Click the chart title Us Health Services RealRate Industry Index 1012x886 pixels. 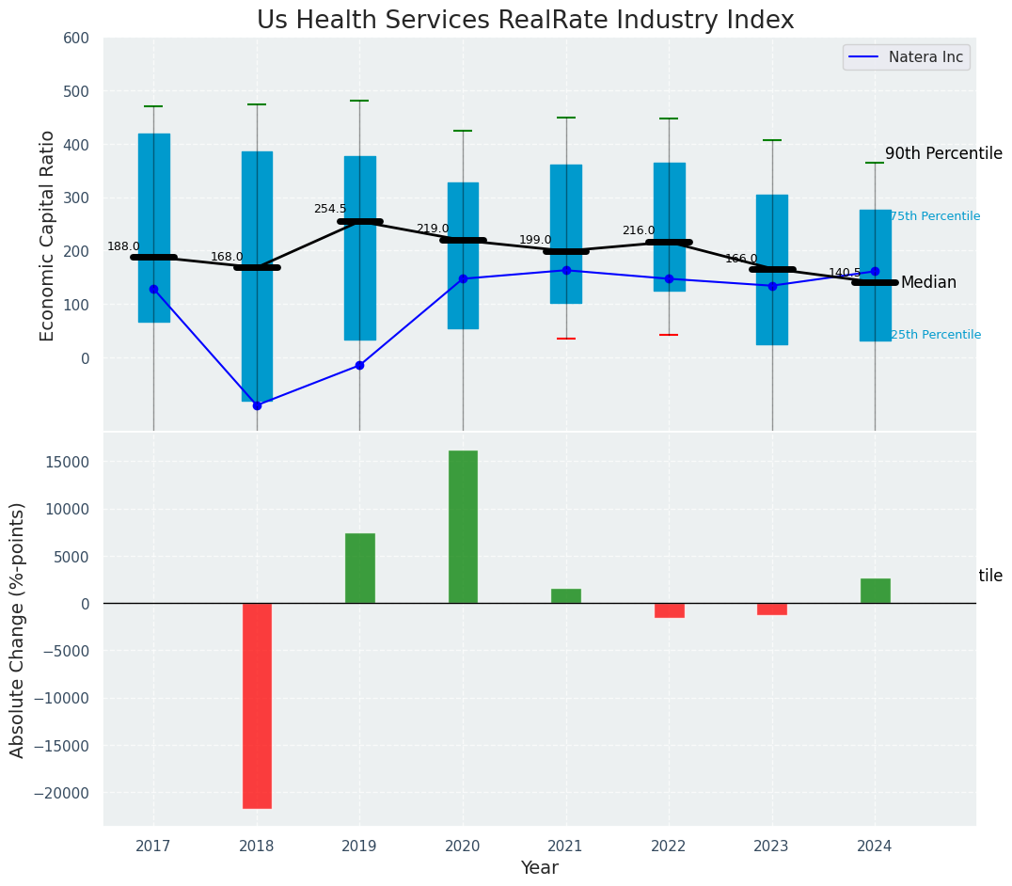(x=525, y=21)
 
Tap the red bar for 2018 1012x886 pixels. (x=257, y=705)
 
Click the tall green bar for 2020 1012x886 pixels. (x=463, y=527)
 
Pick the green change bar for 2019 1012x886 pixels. (x=359, y=568)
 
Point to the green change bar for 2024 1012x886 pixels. (x=875, y=591)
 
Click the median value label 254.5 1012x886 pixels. (x=330, y=209)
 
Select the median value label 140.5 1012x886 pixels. (x=845, y=273)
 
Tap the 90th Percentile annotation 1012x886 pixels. (x=943, y=154)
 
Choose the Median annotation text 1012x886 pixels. (x=928, y=283)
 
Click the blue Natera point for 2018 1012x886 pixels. (x=257, y=405)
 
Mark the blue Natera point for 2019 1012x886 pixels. (x=359, y=365)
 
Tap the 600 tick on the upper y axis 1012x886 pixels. (x=76, y=39)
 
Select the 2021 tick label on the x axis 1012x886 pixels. (x=565, y=846)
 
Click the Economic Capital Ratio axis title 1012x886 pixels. (x=48, y=235)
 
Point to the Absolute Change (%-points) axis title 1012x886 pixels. (x=18, y=629)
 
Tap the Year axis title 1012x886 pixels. (x=539, y=868)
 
